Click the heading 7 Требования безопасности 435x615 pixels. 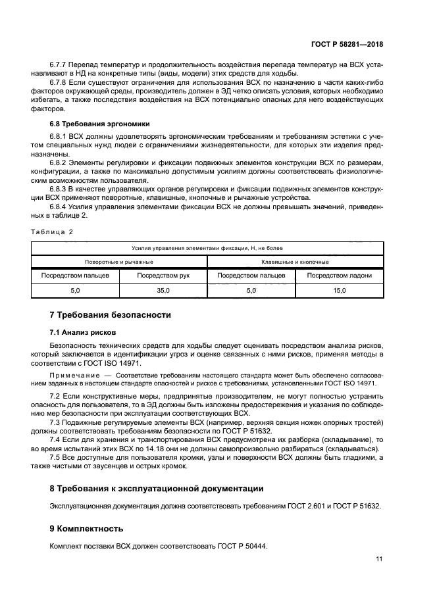pos(110,315)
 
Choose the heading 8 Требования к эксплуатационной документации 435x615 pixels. pos(157,489)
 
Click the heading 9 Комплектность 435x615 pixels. pos(86,529)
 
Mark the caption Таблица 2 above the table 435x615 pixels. pos(53,232)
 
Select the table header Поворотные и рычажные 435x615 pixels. pos(119,262)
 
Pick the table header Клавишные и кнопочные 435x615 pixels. pos(295,262)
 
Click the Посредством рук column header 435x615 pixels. pos(163,276)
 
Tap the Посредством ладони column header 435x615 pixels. pos(339,276)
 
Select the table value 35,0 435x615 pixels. pos(163,290)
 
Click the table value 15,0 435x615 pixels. pos(339,290)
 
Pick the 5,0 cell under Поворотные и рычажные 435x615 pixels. pos(75,290)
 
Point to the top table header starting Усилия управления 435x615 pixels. pos(207,248)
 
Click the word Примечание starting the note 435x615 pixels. pos(74,374)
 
